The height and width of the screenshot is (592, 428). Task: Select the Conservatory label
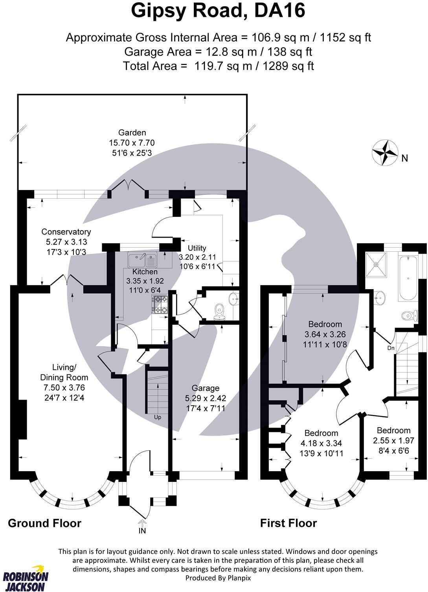click(x=66, y=232)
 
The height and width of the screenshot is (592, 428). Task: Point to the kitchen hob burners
click(x=160, y=305)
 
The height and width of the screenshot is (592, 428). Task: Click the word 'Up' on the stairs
click(x=158, y=417)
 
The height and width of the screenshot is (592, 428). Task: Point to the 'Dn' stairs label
click(x=391, y=348)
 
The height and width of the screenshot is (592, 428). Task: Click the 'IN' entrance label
click(x=142, y=531)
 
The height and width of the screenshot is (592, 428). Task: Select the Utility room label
click(x=197, y=248)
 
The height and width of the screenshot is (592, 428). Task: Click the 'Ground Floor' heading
click(x=44, y=523)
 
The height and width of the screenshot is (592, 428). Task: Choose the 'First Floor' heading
click(x=288, y=523)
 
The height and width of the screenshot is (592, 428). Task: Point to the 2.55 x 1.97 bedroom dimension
click(x=393, y=440)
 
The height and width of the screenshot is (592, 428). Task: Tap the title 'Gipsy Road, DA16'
click(x=218, y=11)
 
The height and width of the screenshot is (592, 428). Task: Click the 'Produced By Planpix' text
click(x=218, y=578)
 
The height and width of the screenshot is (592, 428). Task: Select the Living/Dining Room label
click(x=58, y=372)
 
